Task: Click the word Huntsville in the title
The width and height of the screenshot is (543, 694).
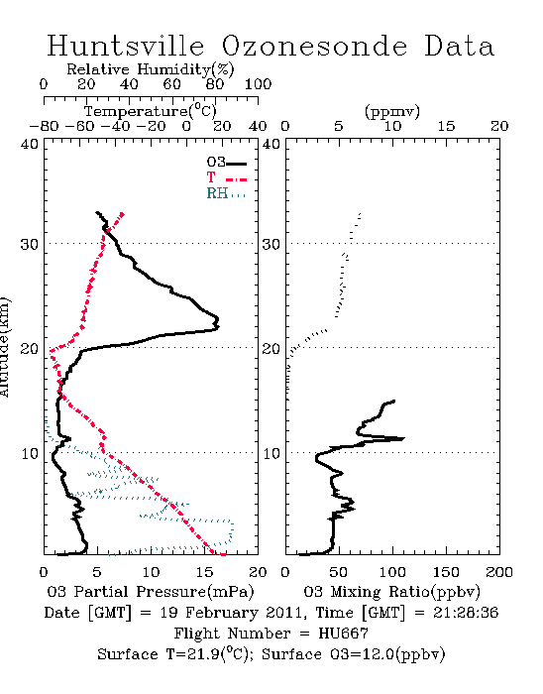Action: coord(126,46)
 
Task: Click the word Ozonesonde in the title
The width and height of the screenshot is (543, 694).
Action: coord(313,46)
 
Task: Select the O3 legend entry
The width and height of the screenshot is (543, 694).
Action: coord(226,163)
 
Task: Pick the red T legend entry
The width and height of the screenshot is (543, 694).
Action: coord(226,177)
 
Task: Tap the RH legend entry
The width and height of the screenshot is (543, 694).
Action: coord(226,193)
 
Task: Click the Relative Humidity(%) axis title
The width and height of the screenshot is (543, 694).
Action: coord(151,69)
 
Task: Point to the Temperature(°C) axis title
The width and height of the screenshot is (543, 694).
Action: coord(151,111)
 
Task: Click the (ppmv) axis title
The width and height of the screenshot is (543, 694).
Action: coord(392,111)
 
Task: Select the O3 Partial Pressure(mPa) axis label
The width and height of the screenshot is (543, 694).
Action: coord(151,592)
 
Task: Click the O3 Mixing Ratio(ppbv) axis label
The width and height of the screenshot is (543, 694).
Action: coord(391,592)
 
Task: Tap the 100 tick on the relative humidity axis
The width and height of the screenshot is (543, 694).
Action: coord(258,84)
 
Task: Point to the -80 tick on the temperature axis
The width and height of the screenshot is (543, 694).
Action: coord(44,126)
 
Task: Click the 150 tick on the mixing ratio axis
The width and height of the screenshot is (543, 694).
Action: coord(446,572)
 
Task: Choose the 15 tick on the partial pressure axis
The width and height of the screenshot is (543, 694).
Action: coord(204,572)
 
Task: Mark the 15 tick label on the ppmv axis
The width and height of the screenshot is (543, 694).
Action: coord(446,126)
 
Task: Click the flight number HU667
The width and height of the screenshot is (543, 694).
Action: coord(343,634)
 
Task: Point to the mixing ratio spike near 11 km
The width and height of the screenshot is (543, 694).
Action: coord(403,438)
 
